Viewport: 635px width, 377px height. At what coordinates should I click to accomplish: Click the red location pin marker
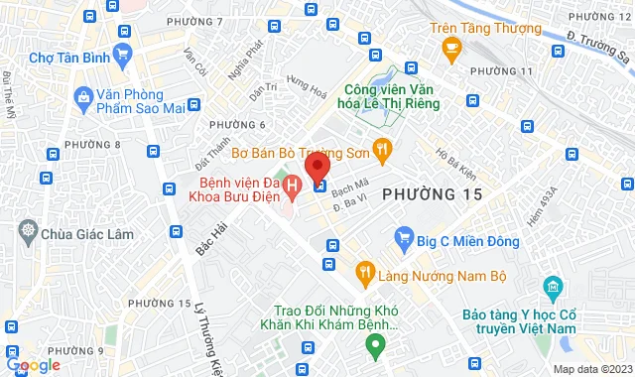[x=316, y=165]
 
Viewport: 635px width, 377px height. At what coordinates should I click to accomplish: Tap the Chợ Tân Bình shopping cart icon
[x=123, y=54]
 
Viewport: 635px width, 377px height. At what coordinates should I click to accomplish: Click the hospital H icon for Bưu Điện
[x=292, y=185]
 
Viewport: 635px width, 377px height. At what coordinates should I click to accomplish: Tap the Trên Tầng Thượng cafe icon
[x=452, y=46]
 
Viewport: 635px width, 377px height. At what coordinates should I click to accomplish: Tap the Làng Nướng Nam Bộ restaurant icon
[x=365, y=270]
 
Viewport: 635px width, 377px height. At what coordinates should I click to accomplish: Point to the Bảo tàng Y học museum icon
[x=552, y=290]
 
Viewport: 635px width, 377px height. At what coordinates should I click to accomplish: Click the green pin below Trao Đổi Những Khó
[x=374, y=347]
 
